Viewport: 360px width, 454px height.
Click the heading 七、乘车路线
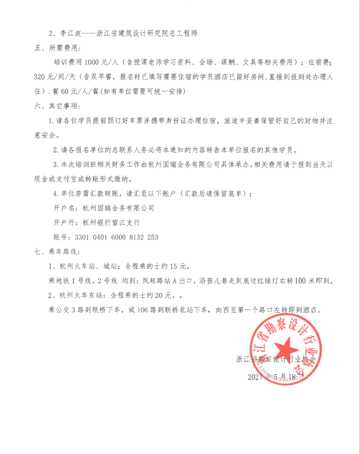pos(56,251)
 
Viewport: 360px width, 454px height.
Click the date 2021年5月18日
pos(278,377)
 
